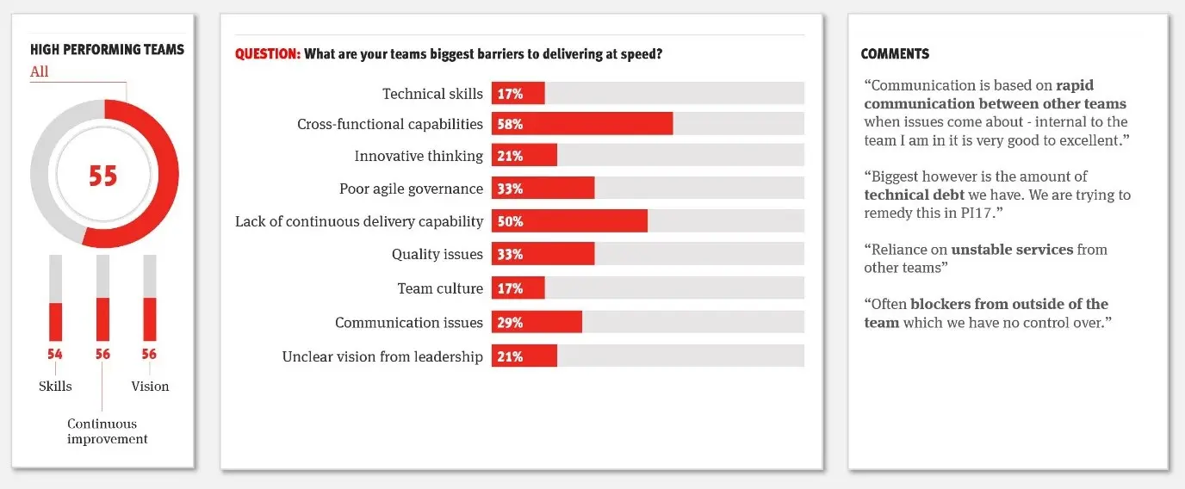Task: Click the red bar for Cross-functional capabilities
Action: (x=582, y=124)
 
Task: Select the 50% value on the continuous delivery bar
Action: (x=510, y=221)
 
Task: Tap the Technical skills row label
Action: (x=432, y=94)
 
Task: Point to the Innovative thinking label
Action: (x=419, y=156)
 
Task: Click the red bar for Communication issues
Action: (x=537, y=322)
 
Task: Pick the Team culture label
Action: (x=440, y=288)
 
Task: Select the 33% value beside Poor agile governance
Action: (x=510, y=189)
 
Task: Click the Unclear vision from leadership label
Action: (x=382, y=356)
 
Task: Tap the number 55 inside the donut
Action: (x=103, y=176)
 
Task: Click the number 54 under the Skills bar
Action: (x=55, y=354)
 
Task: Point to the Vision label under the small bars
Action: (x=150, y=387)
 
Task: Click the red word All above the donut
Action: (x=40, y=72)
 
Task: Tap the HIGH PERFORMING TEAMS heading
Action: (x=107, y=50)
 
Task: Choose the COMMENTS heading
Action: (x=895, y=54)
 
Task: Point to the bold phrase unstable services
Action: (x=1012, y=250)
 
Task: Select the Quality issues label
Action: (x=437, y=254)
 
